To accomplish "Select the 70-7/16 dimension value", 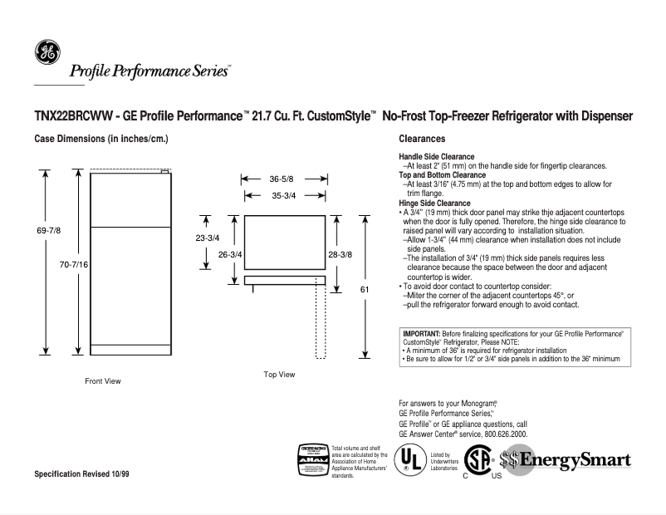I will point(75,263).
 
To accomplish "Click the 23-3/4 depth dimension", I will point(208,238).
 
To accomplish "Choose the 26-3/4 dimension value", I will point(230,254).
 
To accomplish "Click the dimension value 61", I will point(364,288).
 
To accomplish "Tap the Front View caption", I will point(103,381).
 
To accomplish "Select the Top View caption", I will point(279,375).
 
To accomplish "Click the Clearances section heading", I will point(422,139).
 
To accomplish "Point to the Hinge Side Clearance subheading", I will point(434,203).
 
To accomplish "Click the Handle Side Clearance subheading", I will point(437,156).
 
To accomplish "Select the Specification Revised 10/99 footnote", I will point(81,473).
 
